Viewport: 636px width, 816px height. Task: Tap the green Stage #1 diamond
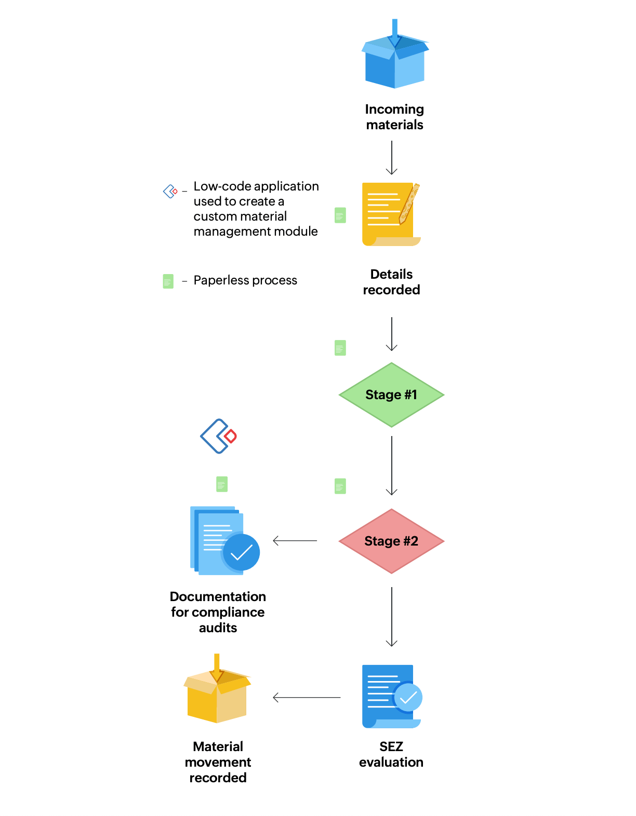coord(391,395)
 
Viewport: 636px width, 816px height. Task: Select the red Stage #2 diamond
coord(391,541)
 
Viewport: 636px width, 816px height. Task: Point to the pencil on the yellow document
coord(409,203)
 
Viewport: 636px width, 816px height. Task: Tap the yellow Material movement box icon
coord(217,693)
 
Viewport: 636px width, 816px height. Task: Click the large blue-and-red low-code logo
coord(218,436)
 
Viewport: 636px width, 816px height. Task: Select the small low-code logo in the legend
coord(170,191)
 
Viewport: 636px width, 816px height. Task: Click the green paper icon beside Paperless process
coord(168,281)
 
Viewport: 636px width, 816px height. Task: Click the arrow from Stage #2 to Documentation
coord(295,541)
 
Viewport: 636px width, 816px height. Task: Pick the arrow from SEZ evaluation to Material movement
coord(307,697)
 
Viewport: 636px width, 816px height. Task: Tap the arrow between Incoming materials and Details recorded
coord(392,158)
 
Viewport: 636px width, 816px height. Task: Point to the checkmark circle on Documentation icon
coord(241,552)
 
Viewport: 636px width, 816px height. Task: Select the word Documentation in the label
coord(218,596)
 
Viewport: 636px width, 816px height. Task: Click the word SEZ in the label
coord(391,746)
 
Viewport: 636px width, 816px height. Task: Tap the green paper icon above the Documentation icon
coord(222,484)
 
